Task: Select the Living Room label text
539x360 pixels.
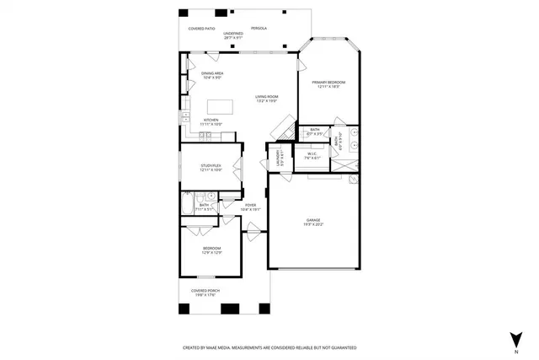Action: [267, 99]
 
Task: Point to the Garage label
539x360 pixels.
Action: [313, 223]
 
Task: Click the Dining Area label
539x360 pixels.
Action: [211, 76]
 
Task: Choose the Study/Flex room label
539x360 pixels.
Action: [211, 168]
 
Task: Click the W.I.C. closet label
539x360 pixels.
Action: [311, 156]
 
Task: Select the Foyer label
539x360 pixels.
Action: [250, 207]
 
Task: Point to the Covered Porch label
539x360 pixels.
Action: [205, 293]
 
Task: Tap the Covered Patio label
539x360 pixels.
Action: [201, 28]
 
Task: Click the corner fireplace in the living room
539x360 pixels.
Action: [282, 129]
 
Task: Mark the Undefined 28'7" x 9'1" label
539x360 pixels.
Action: [233, 35]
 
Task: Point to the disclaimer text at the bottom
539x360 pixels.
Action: [269, 347]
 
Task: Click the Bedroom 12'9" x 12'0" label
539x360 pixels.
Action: [211, 250]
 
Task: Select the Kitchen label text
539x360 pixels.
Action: [211, 121]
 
